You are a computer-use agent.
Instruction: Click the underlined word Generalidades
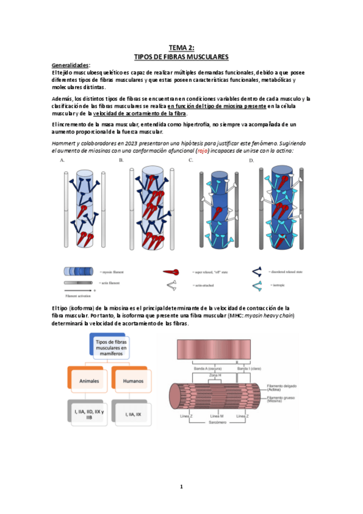pyautogui.click(x=70, y=65)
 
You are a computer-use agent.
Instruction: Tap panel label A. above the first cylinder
pyautogui.click(x=63, y=160)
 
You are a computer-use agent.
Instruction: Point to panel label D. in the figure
pyautogui.click(x=251, y=160)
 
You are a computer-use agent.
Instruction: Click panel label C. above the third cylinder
pyautogui.click(x=190, y=160)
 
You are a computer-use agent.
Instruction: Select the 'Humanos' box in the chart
pyautogui.click(x=133, y=382)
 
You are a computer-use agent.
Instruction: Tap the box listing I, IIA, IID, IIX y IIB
pyautogui.click(x=88, y=414)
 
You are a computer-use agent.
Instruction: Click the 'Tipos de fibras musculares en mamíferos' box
pyautogui.click(x=110, y=350)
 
